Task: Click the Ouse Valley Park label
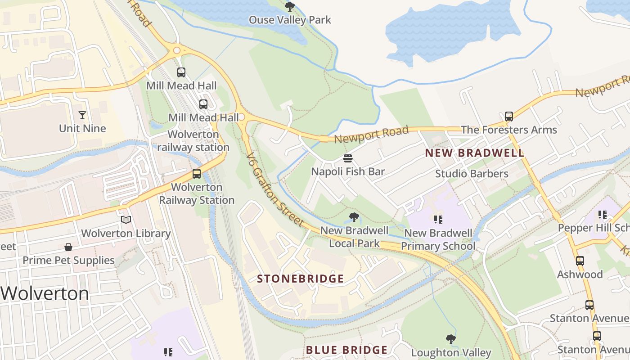click(x=290, y=20)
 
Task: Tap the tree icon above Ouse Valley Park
click(x=290, y=7)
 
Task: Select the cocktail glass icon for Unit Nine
click(x=82, y=115)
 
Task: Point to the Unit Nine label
click(x=82, y=129)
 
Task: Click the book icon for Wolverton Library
click(x=126, y=220)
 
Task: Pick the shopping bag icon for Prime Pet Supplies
click(x=68, y=247)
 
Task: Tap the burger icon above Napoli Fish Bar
click(x=347, y=158)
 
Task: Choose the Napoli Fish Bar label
click(x=348, y=171)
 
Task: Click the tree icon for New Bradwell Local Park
click(x=354, y=218)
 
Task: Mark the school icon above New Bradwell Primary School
click(x=438, y=220)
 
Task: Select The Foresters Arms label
click(x=508, y=130)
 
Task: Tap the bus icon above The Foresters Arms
click(x=509, y=117)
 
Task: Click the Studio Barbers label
click(x=472, y=174)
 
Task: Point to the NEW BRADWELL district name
click(x=475, y=153)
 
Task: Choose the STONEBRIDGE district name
click(x=300, y=279)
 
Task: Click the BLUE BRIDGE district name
click(x=346, y=350)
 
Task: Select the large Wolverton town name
click(x=45, y=294)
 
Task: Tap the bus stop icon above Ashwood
click(x=580, y=261)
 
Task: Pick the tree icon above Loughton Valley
click(x=451, y=339)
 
